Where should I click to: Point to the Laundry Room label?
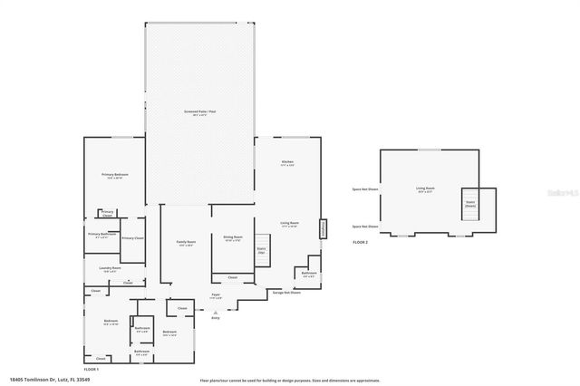pos(111,269)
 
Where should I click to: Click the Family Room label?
pos(186,243)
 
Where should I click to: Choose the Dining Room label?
pos(232,238)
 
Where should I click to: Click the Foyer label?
pos(216,296)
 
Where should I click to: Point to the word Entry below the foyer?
pos(216,318)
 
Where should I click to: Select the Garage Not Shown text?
pos(286,292)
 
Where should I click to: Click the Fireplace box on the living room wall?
pos(322,230)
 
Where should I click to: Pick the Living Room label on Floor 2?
pos(425,189)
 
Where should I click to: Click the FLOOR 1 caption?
pos(92,370)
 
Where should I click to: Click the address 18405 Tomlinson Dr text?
pos(45,380)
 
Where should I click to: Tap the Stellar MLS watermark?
pos(561,192)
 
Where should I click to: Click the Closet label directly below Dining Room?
pos(232,277)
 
